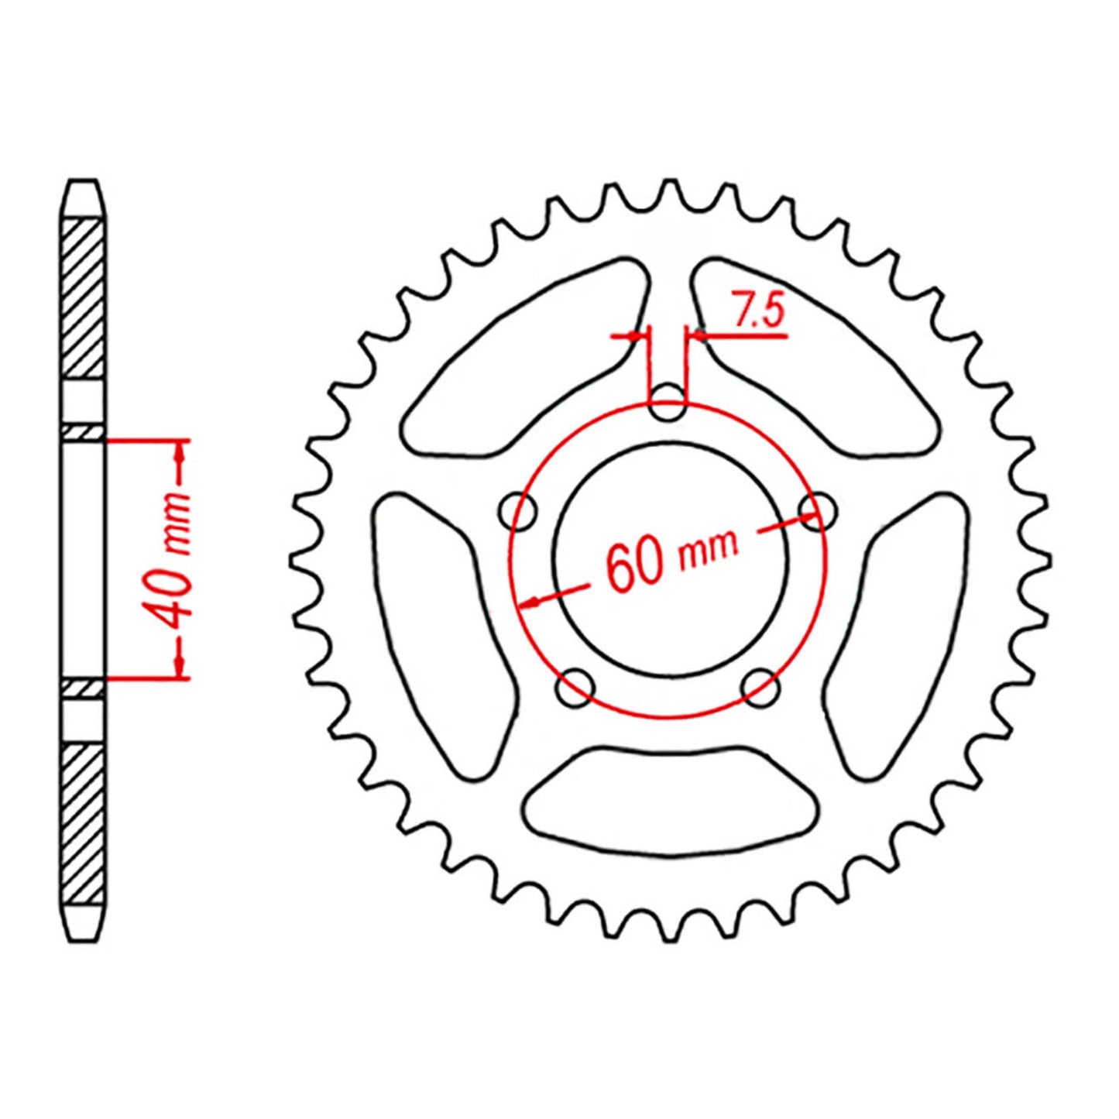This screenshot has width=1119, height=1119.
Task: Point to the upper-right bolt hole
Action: point(817,510)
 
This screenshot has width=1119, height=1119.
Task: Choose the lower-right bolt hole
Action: point(760,686)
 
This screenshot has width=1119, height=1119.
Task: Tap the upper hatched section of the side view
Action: point(82,298)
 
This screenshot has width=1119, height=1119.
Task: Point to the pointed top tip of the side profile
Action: point(83,183)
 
